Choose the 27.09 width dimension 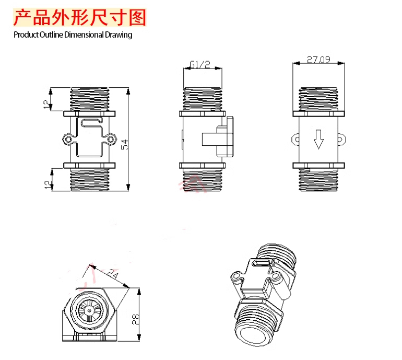coord(318,60)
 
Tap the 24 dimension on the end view coord(112,273)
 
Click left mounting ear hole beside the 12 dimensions coord(67,139)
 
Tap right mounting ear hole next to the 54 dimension coord(110,139)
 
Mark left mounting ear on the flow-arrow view coord(294,139)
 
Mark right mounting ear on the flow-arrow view coord(342,139)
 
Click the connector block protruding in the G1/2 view coord(218,139)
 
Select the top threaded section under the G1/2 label coord(203,97)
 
